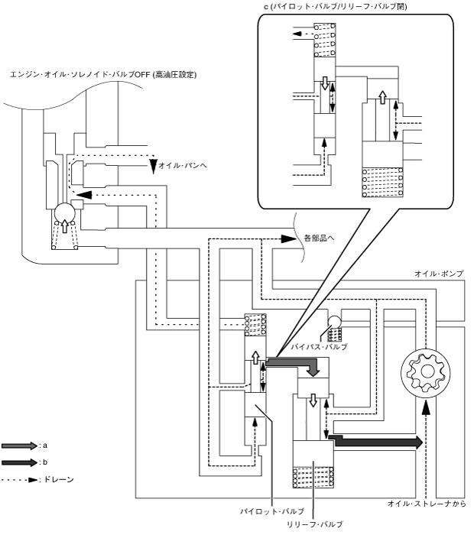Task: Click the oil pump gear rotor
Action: tap(425, 374)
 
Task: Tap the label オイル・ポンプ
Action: tap(439, 274)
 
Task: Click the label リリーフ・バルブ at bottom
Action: tap(310, 524)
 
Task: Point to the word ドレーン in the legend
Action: tap(59, 480)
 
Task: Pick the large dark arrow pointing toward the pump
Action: tap(375, 442)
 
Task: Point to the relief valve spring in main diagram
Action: tap(313, 477)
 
